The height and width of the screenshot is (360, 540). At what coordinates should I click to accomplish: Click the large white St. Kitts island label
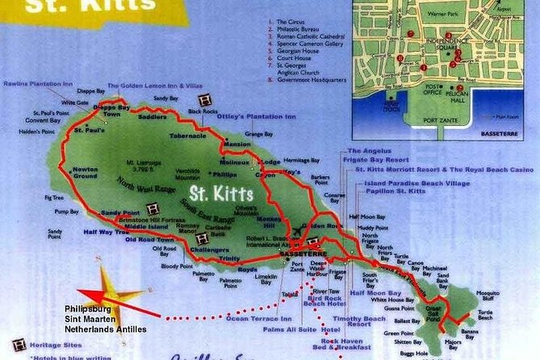pyautogui.click(x=222, y=194)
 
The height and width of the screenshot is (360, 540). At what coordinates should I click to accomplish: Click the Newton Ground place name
pyautogui.click(x=86, y=172)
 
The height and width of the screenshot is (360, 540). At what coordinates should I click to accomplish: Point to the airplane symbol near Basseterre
pyautogui.click(x=301, y=228)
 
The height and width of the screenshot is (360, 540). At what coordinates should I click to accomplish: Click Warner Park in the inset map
pyautogui.click(x=462, y=14)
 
